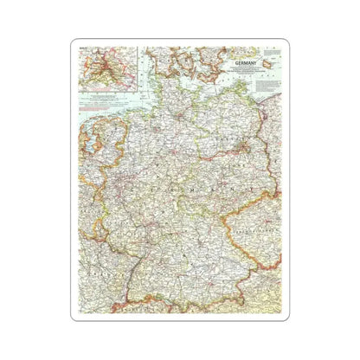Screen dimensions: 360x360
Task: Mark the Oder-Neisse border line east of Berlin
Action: coord(263,160)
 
